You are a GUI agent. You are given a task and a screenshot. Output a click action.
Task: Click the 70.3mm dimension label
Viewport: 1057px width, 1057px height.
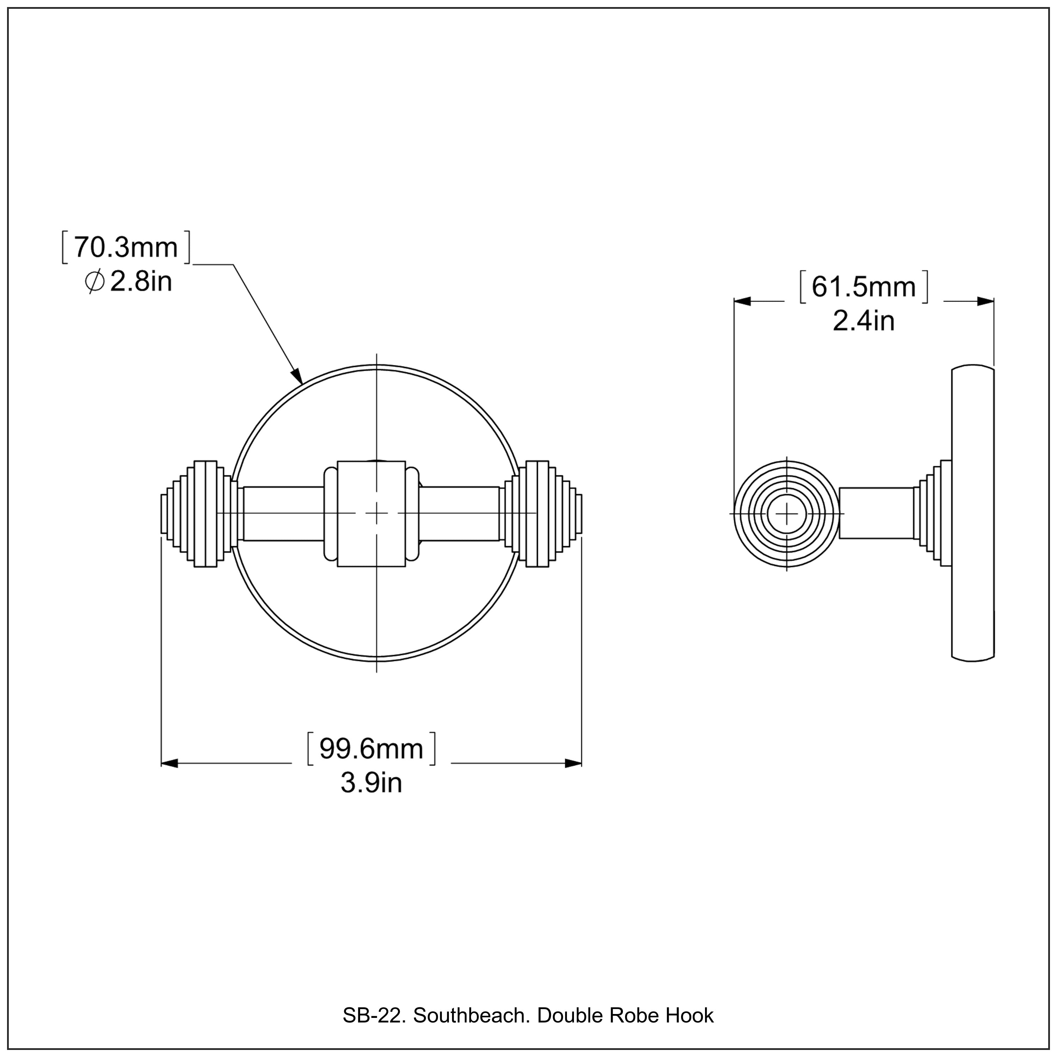click(x=126, y=247)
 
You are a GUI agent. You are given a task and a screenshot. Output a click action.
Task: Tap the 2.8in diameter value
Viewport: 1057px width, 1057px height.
click(x=141, y=282)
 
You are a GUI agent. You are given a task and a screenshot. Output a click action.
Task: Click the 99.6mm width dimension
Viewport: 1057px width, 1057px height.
click(x=371, y=748)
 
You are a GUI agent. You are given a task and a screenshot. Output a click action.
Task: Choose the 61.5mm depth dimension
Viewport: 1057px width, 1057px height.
click(x=863, y=287)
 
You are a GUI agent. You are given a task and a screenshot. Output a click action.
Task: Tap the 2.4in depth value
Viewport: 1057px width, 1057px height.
click(x=863, y=321)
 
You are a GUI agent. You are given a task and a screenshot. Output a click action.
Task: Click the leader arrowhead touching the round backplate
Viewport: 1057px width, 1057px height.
click(x=297, y=376)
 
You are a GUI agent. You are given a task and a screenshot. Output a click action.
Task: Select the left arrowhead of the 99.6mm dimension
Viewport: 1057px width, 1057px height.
click(x=169, y=763)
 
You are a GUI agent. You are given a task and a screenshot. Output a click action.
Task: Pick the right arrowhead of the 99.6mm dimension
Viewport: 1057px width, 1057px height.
click(x=573, y=763)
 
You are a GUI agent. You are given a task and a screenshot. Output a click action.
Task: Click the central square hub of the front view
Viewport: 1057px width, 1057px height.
click(x=371, y=513)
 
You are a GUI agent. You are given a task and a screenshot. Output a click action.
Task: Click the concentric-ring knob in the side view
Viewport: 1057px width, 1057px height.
click(x=786, y=513)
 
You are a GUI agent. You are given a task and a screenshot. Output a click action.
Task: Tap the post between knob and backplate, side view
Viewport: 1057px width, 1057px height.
click(x=875, y=513)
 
